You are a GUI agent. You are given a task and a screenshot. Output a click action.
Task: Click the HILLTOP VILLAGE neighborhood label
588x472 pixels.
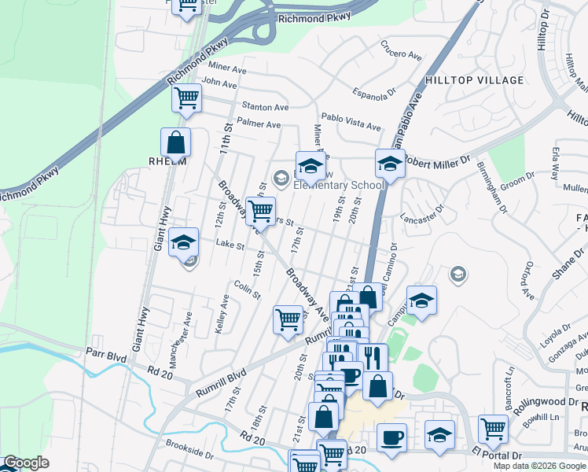click(x=474, y=80)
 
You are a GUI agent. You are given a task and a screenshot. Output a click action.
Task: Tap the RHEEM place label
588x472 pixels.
click(x=167, y=161)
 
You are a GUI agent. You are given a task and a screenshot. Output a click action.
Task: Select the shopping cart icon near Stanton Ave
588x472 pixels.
click(x=187, y=99)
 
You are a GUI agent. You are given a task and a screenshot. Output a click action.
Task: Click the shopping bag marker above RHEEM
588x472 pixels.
click(x=175, y=142)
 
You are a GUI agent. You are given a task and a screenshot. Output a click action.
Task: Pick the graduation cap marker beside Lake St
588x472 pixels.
click(x=184, y=242)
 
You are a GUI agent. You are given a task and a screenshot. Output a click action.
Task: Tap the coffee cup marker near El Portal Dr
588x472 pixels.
click(x=391, y=437)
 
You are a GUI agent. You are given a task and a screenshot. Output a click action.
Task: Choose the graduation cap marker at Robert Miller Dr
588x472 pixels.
click(x=389, y=164)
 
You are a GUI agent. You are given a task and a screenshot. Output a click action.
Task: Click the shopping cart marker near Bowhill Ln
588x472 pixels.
click(x=493, y=430)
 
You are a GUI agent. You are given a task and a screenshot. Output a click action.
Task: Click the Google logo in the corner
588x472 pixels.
click(x=26, y=463)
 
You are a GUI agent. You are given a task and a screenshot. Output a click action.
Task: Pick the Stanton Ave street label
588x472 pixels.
click(x=265, y=106)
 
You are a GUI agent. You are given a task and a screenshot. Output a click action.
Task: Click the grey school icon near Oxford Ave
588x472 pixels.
click(x=458, y=274)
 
